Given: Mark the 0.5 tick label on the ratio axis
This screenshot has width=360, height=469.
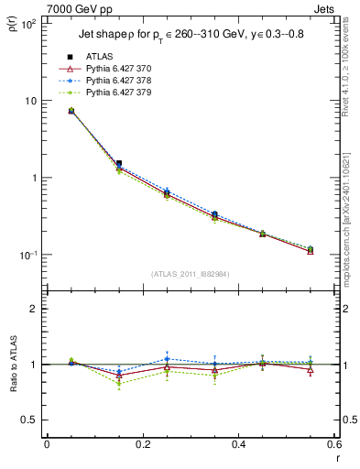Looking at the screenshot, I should coord(28,420).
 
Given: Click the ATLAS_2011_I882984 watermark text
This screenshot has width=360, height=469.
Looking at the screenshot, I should coord(190,273).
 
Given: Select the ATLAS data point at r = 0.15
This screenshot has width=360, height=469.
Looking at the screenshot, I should coord(119,163).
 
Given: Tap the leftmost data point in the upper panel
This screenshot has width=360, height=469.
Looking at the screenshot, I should coord(71,111).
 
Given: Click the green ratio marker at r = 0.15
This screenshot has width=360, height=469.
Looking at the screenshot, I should coord(119,384).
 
